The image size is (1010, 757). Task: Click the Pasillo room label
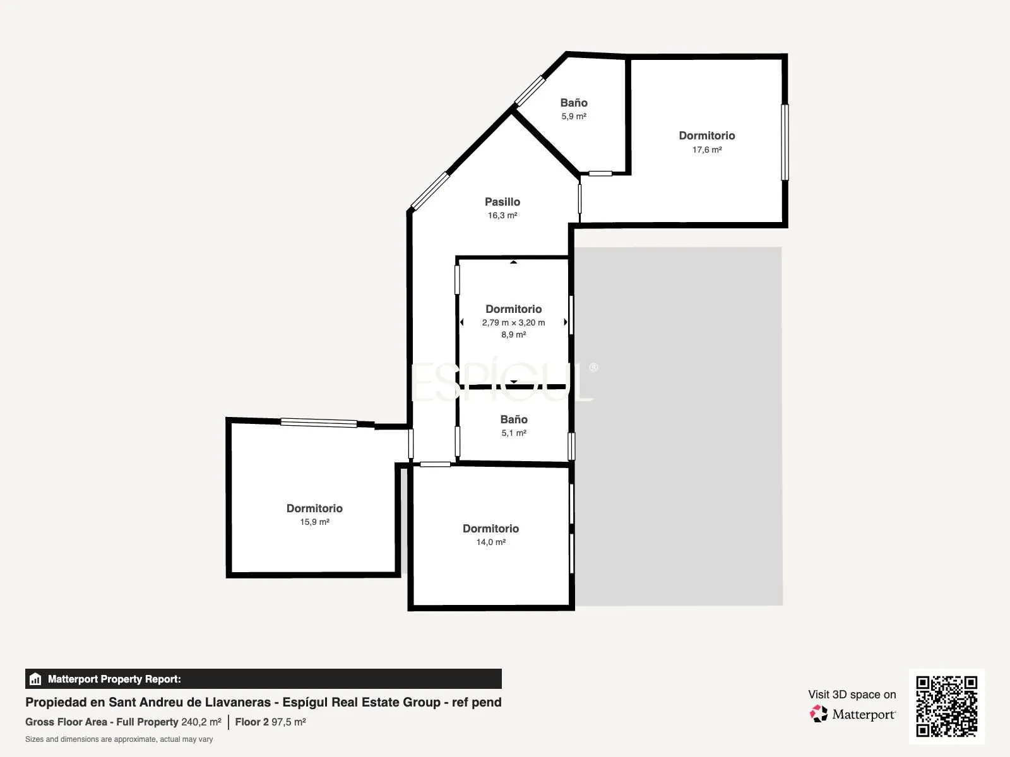[502, 202]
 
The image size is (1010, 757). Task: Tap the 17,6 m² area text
[707, 150]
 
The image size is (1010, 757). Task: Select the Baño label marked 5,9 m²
[573, 103]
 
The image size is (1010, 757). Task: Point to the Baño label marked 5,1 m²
[513, 419]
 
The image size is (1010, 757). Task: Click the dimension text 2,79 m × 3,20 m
[513, 322]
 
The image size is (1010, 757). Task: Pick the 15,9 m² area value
[314, 522]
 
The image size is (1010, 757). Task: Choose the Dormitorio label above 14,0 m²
[490, 529]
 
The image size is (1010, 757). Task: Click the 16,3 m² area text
[502, 216]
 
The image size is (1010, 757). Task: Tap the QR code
[946, 707]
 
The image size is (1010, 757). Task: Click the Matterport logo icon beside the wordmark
[818, 714]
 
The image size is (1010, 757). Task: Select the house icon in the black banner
[35, 679]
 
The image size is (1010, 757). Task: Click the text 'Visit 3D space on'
[852, 695]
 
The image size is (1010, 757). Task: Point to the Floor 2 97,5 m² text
[270, 722]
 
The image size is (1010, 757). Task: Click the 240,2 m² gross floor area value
[201, 722]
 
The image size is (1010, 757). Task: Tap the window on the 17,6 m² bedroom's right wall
[785, 143]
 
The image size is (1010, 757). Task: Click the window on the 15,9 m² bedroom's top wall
[319, 423]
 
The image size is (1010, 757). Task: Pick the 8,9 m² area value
[513, 334]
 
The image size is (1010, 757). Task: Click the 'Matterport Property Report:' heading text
[114, 679]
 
